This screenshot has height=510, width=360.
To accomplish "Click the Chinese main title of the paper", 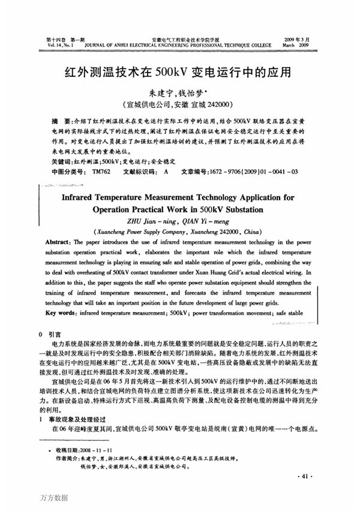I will [180, 73].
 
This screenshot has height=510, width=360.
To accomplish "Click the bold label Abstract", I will [57, 241].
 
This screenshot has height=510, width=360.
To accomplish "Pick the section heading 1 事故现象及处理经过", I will [76, 419].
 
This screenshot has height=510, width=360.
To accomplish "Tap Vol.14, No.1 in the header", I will [61, 44].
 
